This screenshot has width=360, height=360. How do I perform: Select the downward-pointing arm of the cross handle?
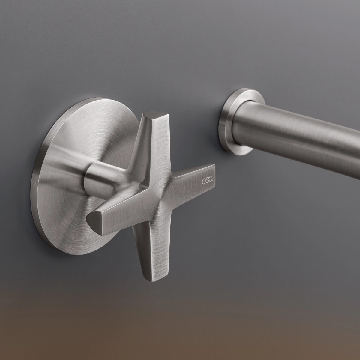tap(148, 252)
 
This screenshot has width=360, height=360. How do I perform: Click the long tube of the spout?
tap(300, 132)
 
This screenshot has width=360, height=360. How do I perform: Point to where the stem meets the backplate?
tap(85, 177)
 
